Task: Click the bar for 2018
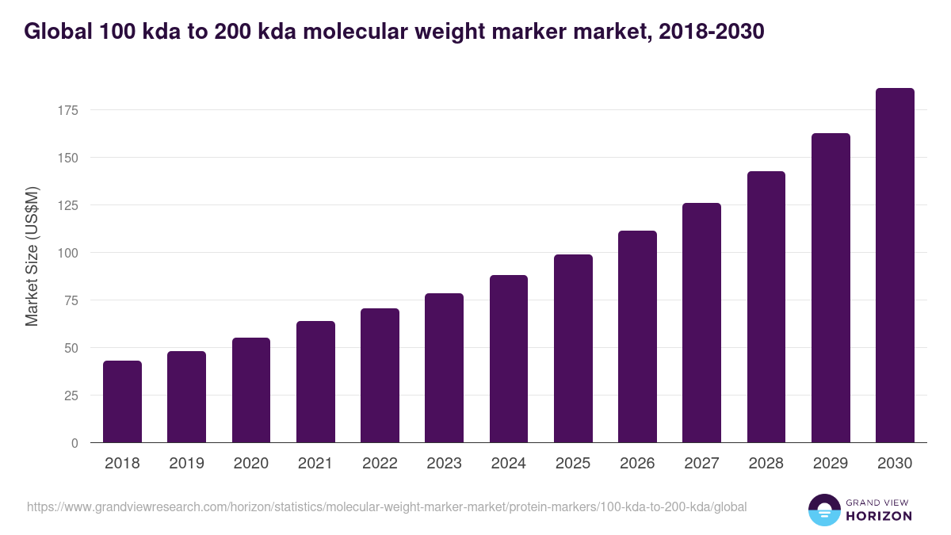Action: pos(122,402)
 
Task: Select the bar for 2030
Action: pos(895,266)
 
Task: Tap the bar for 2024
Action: pos(509,359)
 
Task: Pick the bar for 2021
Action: pos(315,382)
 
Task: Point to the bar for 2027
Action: pos(701,323)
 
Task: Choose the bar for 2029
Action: pos(831,288)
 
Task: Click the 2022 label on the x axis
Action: pos(380,464)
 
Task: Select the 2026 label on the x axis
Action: pos(637,464)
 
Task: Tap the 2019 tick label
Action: pos(186,464)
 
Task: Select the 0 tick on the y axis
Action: pos(74,443)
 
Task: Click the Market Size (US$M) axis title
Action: pos(32,257)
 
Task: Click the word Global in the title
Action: pos(58,32)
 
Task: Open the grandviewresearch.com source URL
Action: pos(387,506)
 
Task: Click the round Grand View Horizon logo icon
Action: pos(824,510)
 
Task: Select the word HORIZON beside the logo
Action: pos(879,516)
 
